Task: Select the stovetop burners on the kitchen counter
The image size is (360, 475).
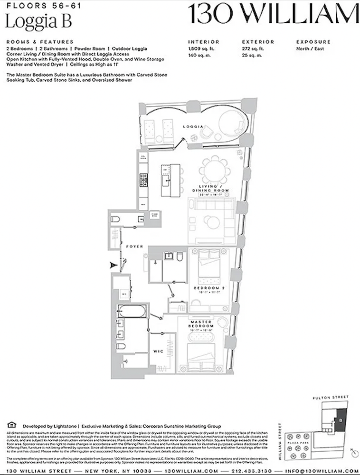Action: pyautogui.click(x=142, y=179)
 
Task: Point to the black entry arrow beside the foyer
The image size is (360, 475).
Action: pyautogui.click(x=113, y=265)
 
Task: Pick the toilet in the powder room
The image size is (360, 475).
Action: pyautogui.click(x=115, y=220)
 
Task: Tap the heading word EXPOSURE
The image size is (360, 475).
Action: pyautogui.click(x=313, y=42)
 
